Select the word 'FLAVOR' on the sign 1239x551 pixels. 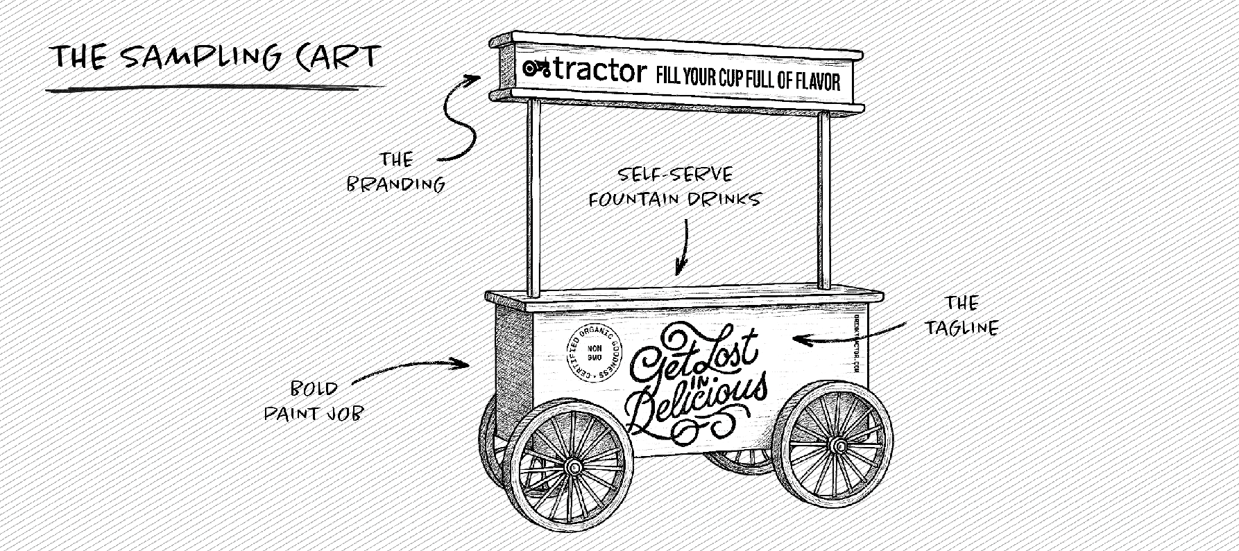pos(817,82)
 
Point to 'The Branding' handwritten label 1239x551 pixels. pos(395,172)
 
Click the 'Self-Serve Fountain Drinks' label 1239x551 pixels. pos(674,187)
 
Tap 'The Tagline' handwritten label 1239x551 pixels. pos(962,315)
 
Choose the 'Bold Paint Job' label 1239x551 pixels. pos(314,401)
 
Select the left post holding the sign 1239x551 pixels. pos(533,197)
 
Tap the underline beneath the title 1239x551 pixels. pos(215,88)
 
